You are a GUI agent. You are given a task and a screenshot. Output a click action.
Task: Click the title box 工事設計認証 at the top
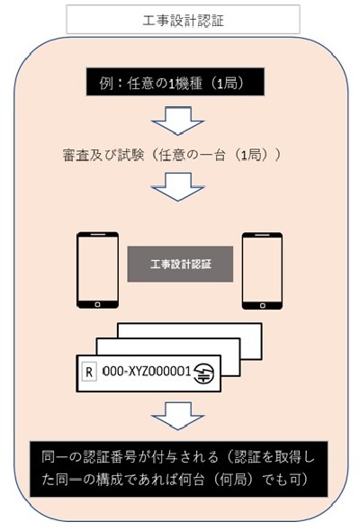pos(183,20)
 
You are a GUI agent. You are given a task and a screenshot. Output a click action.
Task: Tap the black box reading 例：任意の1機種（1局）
pos(175,82)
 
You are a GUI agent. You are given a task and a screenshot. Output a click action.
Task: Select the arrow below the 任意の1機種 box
pos(178,121)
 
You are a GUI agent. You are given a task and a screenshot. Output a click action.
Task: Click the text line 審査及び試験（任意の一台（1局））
pos(172,155)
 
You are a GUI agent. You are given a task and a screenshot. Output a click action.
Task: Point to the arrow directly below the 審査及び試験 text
pos(178,186)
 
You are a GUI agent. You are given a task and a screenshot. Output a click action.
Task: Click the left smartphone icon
pos(97,270)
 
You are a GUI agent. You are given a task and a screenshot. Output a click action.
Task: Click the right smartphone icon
pos(262,271)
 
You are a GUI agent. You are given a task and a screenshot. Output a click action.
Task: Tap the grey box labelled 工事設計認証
pos(180,264)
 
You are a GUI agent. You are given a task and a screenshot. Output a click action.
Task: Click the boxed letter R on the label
pos(89,372)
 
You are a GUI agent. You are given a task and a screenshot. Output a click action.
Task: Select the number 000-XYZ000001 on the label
pos(147,372)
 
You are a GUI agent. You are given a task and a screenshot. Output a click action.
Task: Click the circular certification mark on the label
pos(203,373)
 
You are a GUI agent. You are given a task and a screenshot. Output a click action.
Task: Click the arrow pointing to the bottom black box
pos(178,416)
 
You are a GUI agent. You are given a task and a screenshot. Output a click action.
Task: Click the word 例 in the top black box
pos(106,82)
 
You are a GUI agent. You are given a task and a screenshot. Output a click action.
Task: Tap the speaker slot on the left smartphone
pos(98,234)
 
